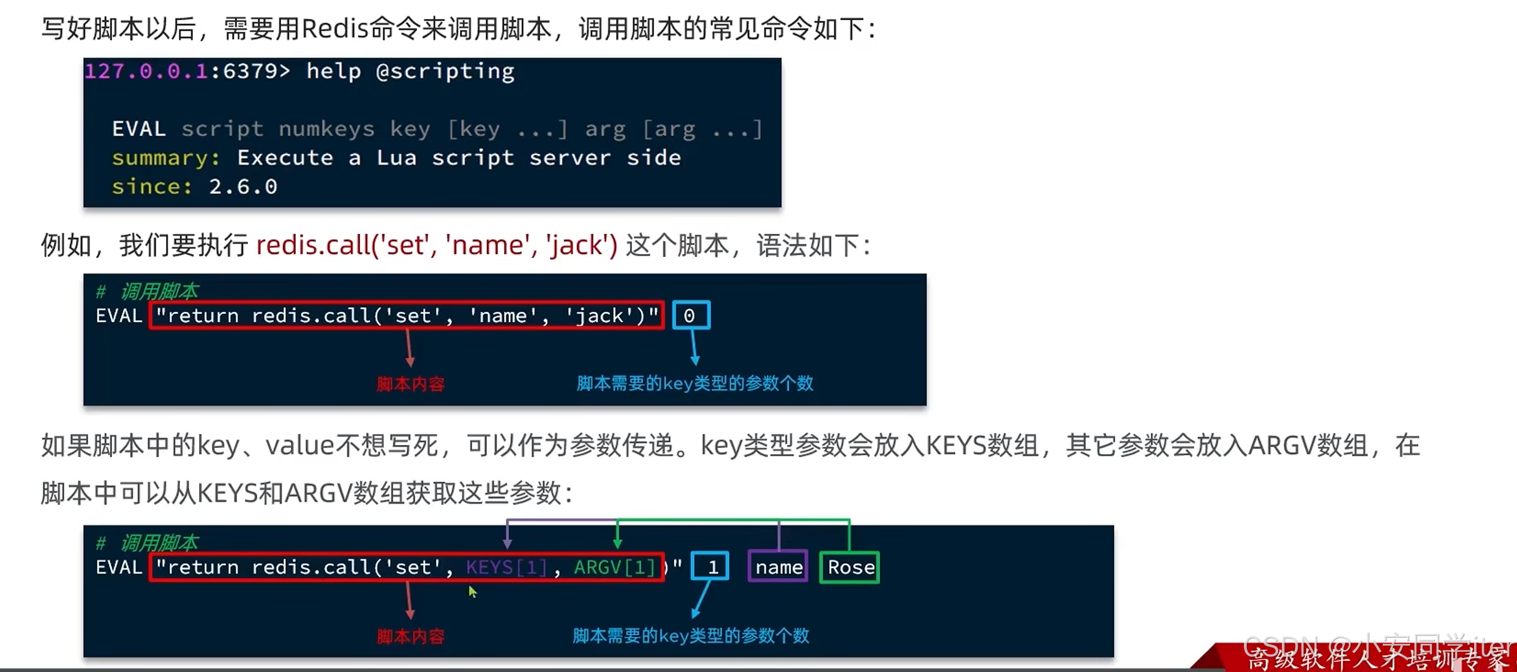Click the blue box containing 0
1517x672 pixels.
click(690, 315)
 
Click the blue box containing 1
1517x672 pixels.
click(710, 567)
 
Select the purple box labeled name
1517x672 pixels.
click(778, 567)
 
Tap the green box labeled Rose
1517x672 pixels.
click(849, 567)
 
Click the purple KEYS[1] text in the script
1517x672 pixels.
click(506, 567)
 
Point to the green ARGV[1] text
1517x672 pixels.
click(614, 567)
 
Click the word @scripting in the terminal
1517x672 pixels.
click(445, 71)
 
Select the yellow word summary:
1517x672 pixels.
click(165, 158)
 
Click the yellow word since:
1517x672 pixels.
click(151, 187)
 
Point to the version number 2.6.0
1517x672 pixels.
click(243, 187)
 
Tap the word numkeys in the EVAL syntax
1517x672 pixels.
click(326, 129)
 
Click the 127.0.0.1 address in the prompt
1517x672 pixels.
click(146, 71)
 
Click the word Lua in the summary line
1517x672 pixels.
click(396, 158)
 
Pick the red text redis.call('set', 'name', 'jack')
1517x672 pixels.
click(437, 245)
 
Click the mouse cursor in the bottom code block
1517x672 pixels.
click(472, 591)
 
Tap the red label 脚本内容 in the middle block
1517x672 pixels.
click(410, 384)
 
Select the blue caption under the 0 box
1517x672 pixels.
click(695, 384)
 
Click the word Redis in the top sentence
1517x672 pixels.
click(334, 29)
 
